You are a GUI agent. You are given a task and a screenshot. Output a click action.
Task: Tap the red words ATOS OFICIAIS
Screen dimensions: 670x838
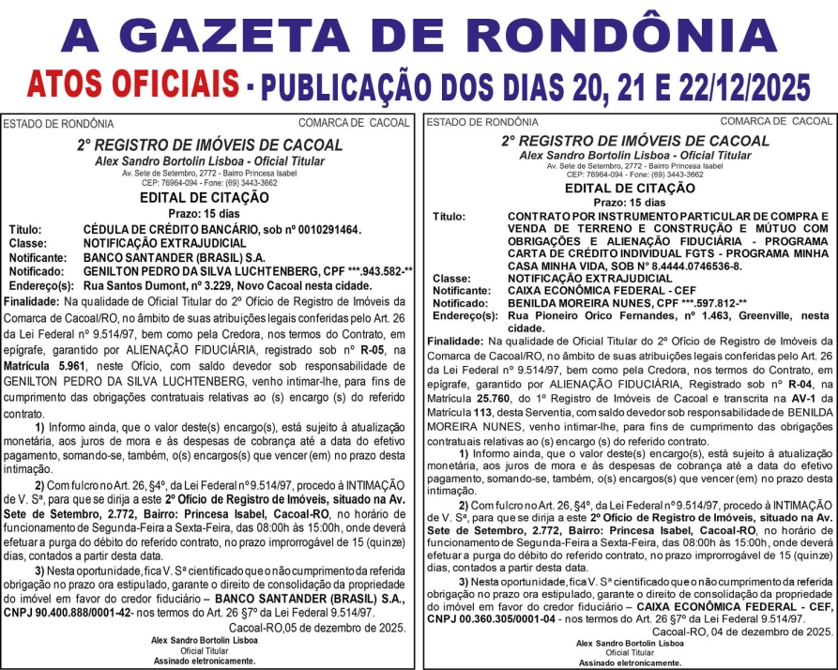131,85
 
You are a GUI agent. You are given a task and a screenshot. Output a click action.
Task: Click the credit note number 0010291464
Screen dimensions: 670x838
318,229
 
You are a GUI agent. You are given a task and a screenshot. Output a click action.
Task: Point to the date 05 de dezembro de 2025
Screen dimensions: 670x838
332,627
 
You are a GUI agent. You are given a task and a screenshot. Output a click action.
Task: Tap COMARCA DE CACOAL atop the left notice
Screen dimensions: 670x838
354,123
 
